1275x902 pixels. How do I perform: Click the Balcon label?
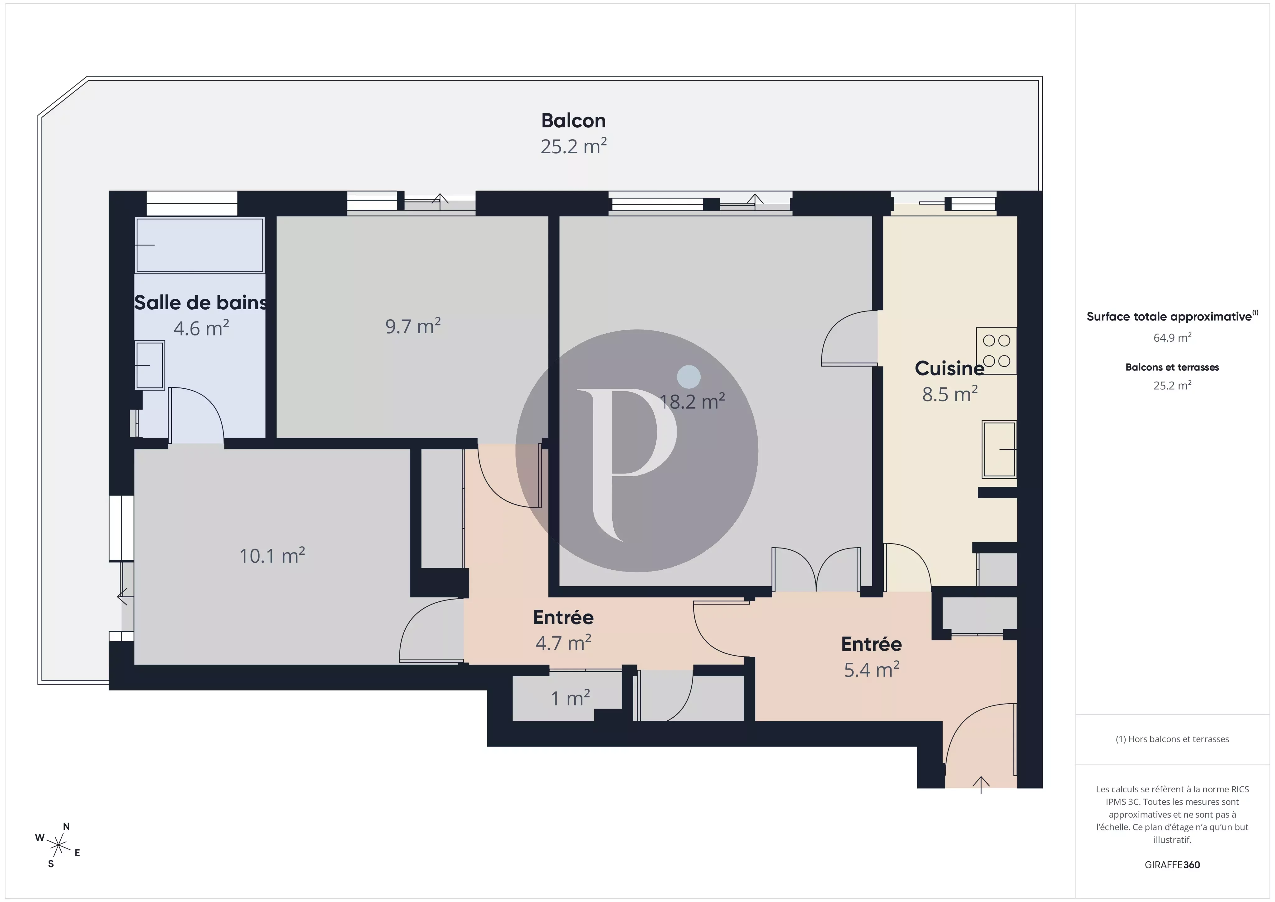573,121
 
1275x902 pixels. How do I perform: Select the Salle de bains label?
200,303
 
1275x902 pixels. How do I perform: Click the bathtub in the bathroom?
199,245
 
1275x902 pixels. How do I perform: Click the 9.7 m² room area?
412,326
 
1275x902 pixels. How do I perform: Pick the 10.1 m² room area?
271,556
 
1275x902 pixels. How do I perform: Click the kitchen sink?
999,449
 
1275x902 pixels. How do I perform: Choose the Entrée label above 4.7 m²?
563,617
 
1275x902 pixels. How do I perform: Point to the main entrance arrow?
981,784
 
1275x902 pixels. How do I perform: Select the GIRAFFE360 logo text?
1172,865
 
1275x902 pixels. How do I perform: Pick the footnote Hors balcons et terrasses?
1172,739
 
